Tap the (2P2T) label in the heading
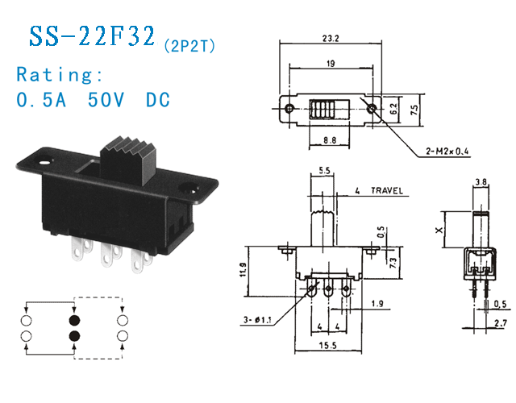tap(189, 45)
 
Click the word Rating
tap(60, 75)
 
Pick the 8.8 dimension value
tap(329, 140)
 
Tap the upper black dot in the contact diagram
tap(74, 321)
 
